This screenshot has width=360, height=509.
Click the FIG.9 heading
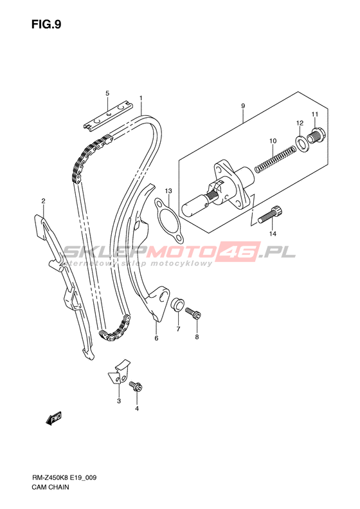pyautogui.click(x=46, y=24)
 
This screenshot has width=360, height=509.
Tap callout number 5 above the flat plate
pyautogui.click(x=107, y=93)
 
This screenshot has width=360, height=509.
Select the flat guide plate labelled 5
pyautogui.click(x=108, y=115)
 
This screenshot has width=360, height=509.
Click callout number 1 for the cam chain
pyautogui.click(x=141, y=98)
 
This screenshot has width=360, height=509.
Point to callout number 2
pyautogui.click(x=43, y=201)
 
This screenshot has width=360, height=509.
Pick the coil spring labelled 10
pyautogui.click(x=275, y=159)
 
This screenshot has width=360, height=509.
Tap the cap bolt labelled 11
pyautogui.click(x=316, y=135)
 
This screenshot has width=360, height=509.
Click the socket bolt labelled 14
pyautogui.click(x=270, y=214)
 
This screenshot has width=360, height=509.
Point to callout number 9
pyautogui.click(x=243, y=106)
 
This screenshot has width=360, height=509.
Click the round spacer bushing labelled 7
pyautogui.click(x=177, y=304)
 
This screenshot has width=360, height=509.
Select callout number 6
pyautogui.click(x=156, y=338)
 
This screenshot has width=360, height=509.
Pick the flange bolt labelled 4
pyautogui.click(x=136, y=386)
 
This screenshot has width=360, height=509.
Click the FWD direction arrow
pyautogui.click(x=53, y=418)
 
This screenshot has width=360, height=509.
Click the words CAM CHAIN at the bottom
pyautogui.click(x=50, y=487)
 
